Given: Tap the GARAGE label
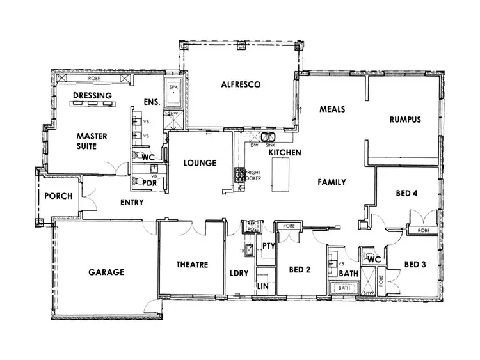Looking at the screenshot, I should [x=106, y=272].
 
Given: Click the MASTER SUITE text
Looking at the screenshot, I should [x=92, y=141].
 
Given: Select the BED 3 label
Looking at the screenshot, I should [x=415, y=264].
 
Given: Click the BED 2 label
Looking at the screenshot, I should [x=299, y=270].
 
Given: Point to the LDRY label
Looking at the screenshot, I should [x=239, y=273].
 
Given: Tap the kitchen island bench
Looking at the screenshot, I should [x=280, y=175].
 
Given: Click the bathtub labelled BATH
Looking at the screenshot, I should [x=344, y=288].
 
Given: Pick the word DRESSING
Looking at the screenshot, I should [x=93, y=96].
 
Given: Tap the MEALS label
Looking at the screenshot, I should [x=332, y=109].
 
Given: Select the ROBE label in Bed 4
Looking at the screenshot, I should [x=423, y=230].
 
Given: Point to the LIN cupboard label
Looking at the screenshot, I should [x=262, y=286].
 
